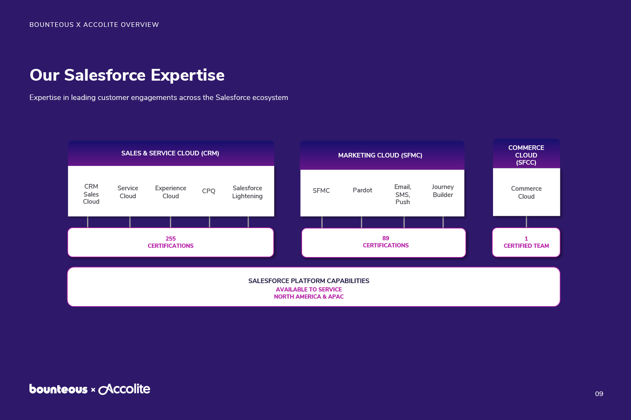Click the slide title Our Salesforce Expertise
pyautogui.click(x=127, y=75)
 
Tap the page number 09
pyautogui.click(x=599, y=394)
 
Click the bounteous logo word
pyautogui.click(x=58, y=389)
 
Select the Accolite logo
pyautogui.click(x=124, y=389)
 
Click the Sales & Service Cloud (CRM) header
pyautogui.click(x=170, y=153)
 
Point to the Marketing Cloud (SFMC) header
pyautogui.click(x=380, y=155)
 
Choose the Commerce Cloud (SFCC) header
pyautogui.click(x=526, y=155)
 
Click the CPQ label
pyautogui.click(x=209, y=191)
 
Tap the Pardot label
pyautogui.click(x=362, y=190)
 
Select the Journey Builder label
pyautogui.click(x=443, y=191)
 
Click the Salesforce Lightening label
pyautogui.click(x=247, y=192)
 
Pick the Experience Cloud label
pyautogui.click(x=170, y=192)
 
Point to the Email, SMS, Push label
pyautogui.click(x=403, y=194)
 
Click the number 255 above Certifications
pyautogui.click(x=170, y=239)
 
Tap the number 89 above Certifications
pyautogui.click(x=386, y=238)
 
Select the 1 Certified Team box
pyautogui.click(x=526, y=242)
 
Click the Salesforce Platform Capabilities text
pyautogui.click(x=309, y=281)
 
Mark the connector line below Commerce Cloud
pyautogui.click(x=526, y=222)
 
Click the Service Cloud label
pyautogui.click(x=127, y=192)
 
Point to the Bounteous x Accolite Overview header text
pyautogui.click(x=94, y=25)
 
